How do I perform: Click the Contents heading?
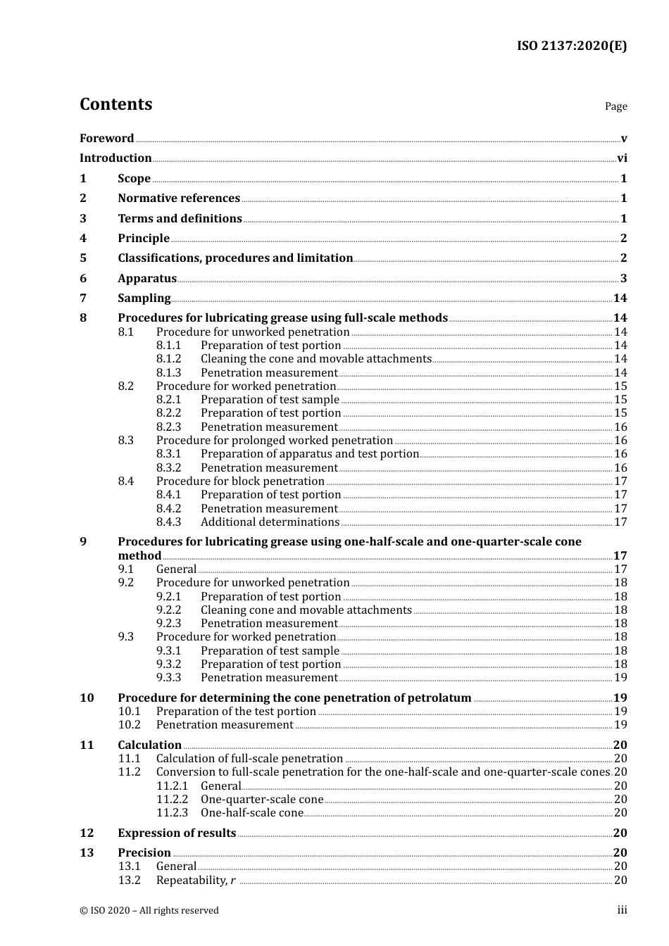(115, 104)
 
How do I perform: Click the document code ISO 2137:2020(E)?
(571, 46)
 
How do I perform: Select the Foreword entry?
(106, 138)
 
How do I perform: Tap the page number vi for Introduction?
(622, 158)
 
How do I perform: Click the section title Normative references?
(179, 198)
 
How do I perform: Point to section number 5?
(83, 258)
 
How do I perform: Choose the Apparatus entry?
(146, 279)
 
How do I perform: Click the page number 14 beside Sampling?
(620, 298)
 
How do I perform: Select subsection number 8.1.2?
(168, 359)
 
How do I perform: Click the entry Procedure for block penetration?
(240, 481)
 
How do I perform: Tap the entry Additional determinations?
(270, 522)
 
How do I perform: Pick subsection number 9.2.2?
(168, 610)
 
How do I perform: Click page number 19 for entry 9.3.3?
(620, 678)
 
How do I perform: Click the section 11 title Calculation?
(149, 745)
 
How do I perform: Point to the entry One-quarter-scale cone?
(262, 800)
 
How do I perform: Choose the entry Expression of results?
(177, 833)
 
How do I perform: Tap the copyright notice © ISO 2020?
(149, 911)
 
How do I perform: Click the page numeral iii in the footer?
(622, 910)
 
